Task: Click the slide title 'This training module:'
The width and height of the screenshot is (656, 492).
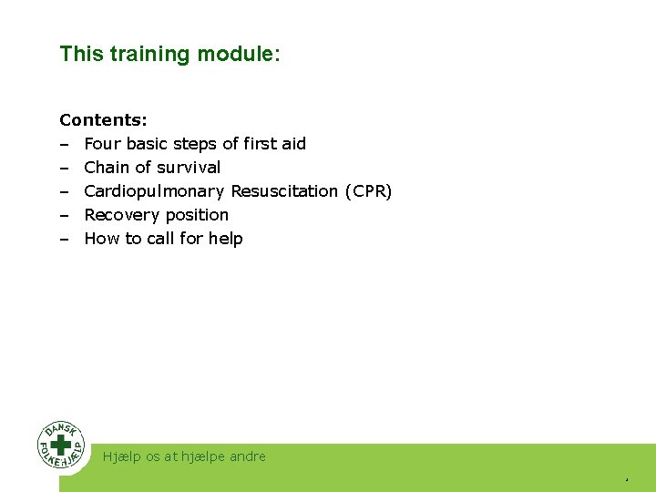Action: tap(170, 54)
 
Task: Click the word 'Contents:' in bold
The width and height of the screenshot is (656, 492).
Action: tap(103, 120)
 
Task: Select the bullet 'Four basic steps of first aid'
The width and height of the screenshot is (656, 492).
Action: tap(195, 144)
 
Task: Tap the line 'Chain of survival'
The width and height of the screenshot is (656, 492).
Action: tap(152, 168)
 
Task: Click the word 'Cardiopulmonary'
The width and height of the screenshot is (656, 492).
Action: tap(154, 191)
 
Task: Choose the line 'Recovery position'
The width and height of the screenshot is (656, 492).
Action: tap(157, 215)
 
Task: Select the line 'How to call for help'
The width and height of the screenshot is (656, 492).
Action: tap(164, 239)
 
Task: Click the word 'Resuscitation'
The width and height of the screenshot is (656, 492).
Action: tap(284, 191)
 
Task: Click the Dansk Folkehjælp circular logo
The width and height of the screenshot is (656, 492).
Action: tap(62, 446)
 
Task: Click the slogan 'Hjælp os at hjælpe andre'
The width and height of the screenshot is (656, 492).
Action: tap(184, 456)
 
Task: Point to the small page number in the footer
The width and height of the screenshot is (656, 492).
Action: tap(627, 478)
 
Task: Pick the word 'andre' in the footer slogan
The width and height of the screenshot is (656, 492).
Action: tap(246, 456)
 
